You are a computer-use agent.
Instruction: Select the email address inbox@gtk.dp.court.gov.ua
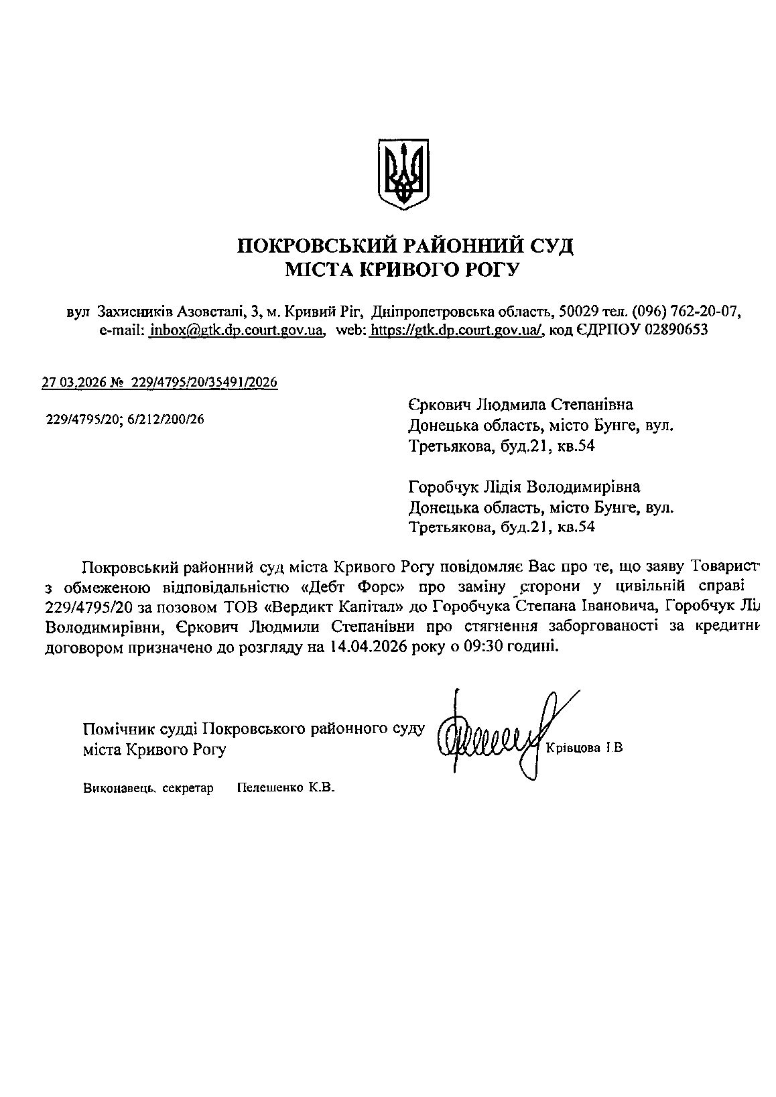pos(237,330)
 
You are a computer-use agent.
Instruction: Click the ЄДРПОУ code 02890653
pos(675,330)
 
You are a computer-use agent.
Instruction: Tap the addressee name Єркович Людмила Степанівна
pos(520,405)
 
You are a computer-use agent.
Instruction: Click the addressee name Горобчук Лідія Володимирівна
pos(523,487)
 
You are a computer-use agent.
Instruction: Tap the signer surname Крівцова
pos(573,748)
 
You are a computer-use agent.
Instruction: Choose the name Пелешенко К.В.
pos(285,788)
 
